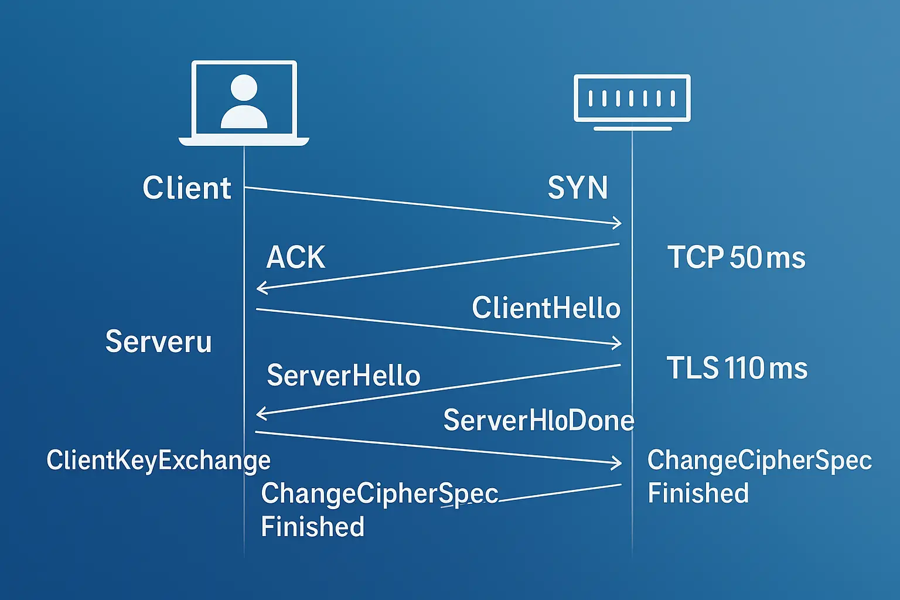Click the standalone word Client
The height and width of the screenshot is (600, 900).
tap(187, 188)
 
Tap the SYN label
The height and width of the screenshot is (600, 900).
tap(578, 188)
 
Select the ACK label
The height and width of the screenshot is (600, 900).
tap(296, 257)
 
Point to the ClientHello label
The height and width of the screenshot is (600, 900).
tap(546, 308)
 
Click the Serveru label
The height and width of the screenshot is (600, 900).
tap(158, 341)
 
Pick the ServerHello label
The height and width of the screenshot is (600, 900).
tap(343, 376)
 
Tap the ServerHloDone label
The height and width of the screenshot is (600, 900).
tap(538, 420)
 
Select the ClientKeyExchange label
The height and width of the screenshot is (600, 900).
tap(158, 461)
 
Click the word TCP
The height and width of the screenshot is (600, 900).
tap(696, 258)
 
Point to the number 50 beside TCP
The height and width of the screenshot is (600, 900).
tap(745, 258)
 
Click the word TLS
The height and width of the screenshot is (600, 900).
tap(693, 369)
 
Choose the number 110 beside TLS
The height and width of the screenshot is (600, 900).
tap(744, 369)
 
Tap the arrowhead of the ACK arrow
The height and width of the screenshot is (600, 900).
tap(260, 288)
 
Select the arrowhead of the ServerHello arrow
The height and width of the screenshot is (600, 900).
tap(260, 414)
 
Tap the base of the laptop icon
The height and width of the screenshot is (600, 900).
tap(244, 142)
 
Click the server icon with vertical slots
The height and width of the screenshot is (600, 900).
tap(632, 98)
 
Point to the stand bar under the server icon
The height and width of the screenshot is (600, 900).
tap(632, 128)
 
